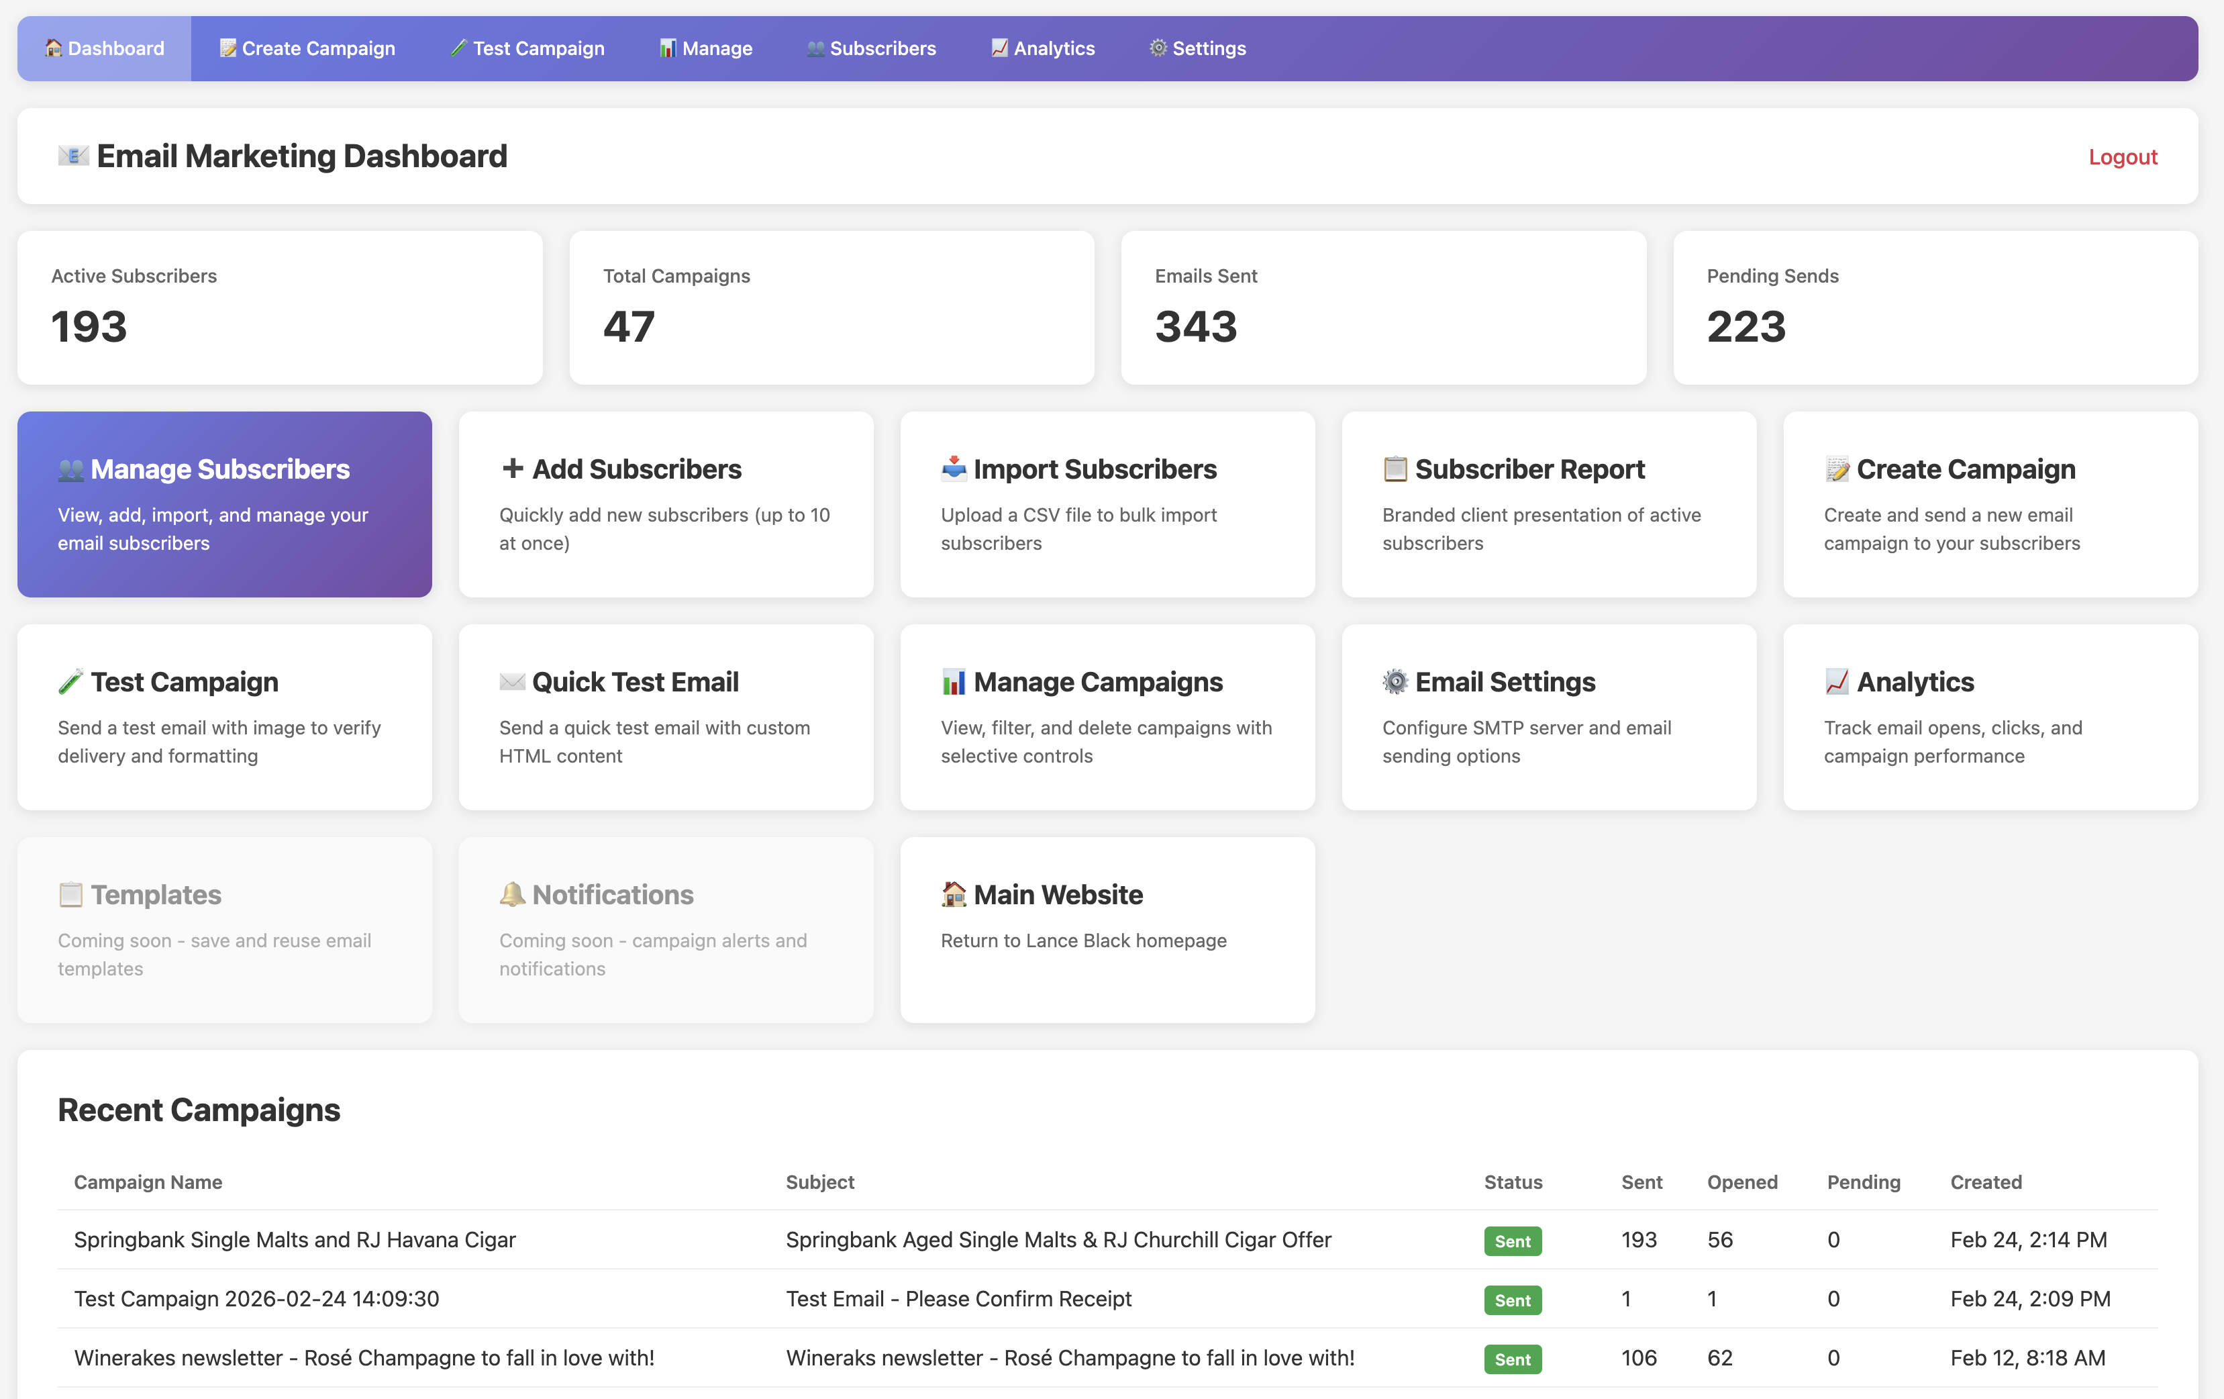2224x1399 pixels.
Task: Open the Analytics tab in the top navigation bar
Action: click(x=1043, y=48)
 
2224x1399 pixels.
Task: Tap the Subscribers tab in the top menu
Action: click(x=871, y=48)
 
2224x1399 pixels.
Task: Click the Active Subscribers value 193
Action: click(x=89, y=326)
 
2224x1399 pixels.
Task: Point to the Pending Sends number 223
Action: click(x=1746, y=326)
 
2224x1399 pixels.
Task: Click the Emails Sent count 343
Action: click(x=1195, y=326)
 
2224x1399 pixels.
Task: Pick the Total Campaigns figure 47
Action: click(x=629, y=326)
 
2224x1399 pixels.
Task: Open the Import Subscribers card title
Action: click(x=1095, y=469)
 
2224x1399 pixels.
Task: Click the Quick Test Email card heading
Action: click(x=636, y=682)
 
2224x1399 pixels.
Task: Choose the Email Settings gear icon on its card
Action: click(x=1395, y=682)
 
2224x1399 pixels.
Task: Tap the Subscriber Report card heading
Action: click(x=1529, y=469)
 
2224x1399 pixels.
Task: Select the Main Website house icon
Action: click(x=953, y=894)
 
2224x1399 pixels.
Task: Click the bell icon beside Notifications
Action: click(x=511, y=894)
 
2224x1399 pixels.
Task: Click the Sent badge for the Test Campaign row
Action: click(x=1512, y=1300)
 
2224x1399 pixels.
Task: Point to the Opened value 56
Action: click(x=1719, y=1240)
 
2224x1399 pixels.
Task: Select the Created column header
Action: click(x=1985, y=1182)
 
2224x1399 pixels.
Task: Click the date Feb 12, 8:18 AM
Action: click(x=2027, y=1358)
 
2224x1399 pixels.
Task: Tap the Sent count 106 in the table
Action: click(x=1638, y=1358)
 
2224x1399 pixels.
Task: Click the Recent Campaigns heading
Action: click(x=199, y=1110)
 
